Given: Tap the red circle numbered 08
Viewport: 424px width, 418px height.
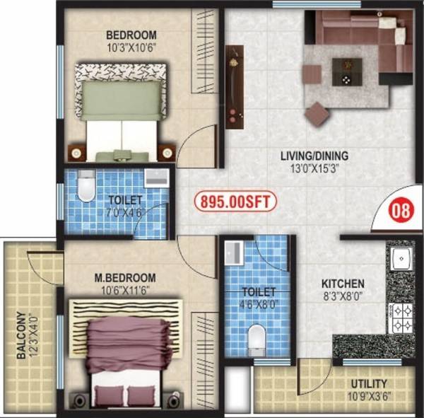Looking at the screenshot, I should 402,211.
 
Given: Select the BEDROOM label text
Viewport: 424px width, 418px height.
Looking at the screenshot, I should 131,35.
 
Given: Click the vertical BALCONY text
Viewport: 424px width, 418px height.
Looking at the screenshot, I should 23,336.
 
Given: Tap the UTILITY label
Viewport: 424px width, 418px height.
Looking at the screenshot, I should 369,385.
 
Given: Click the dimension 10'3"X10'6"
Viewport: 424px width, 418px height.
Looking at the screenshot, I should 131,47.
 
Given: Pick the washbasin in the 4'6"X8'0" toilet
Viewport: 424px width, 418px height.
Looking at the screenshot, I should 232,251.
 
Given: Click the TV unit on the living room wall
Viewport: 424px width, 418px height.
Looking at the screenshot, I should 234,86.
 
